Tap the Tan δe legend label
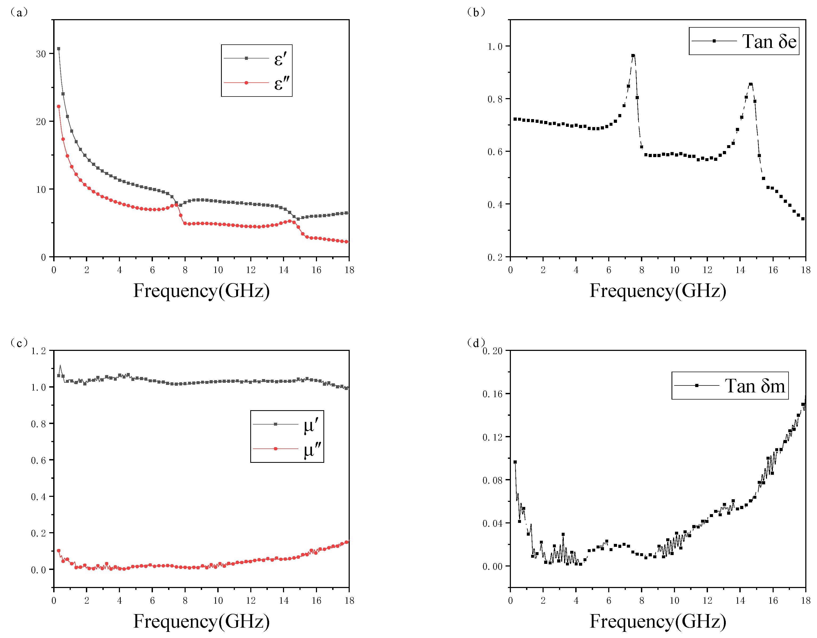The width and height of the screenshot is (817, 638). coord(769,41)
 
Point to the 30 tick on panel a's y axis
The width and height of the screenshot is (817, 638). coord(41,54)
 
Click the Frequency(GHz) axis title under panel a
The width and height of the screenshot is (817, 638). coord(201,291)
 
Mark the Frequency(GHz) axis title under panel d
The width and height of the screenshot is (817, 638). coord(658,621)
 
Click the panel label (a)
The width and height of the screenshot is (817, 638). coord(18,12)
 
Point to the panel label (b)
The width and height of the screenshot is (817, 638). coord(476,12)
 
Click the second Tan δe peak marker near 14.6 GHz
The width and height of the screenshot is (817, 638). coord(751,85)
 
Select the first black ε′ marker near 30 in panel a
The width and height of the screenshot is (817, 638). coord(58,49)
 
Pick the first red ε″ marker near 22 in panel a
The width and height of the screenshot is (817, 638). coord(58,107)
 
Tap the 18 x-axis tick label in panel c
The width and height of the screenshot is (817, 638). coord(349,601)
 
